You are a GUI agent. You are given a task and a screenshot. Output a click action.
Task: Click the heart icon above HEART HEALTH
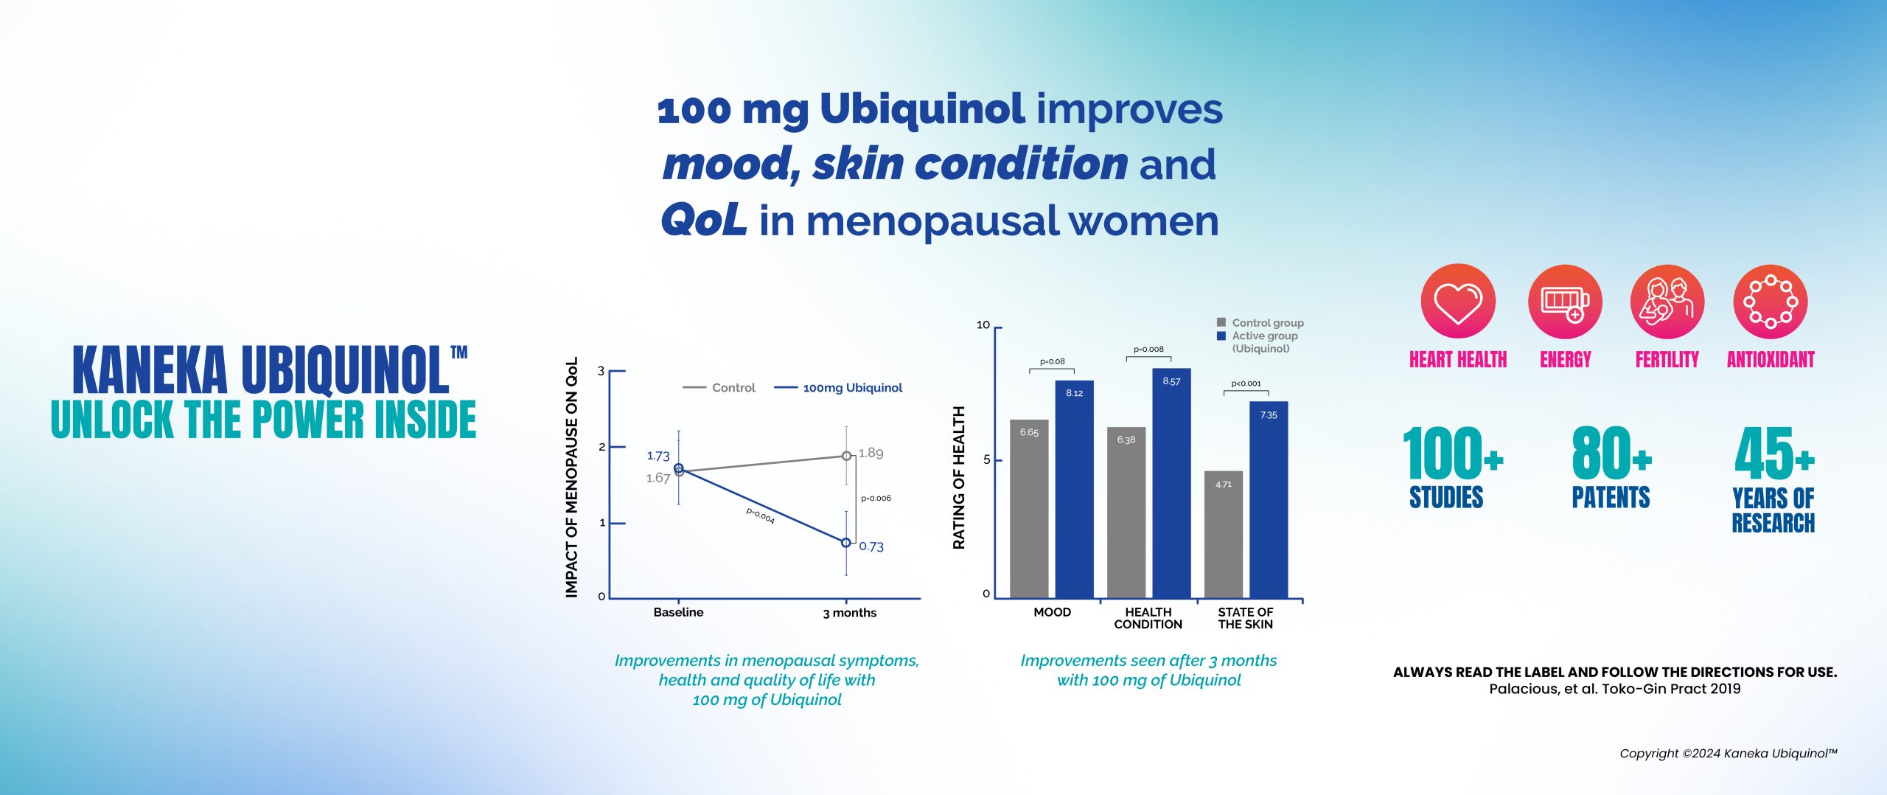pyautogui.click(x=1457, y=302)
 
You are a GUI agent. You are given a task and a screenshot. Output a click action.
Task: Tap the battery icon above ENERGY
pyautogui.click(x=1565, y=302)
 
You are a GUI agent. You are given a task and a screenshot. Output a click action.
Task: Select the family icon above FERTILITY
pyautogui.click(x=1667, y=302)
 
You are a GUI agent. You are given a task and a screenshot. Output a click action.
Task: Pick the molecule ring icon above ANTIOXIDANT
pyautogui.click(x=1770, y=302)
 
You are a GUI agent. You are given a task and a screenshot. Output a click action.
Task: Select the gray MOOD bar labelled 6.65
pyautogui.click(x=1029, y=509)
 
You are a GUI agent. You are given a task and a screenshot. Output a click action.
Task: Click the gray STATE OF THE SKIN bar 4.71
pyautogui.click(x=1224, y=535)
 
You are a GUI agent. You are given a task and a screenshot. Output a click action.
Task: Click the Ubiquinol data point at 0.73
pyautogui.click(x=846, y=543)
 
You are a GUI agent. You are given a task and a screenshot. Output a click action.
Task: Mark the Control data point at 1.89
pyautogui.click(x=847, y=456)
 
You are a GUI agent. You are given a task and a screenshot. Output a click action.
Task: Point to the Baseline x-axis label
pyautogui.click(x=678, y=613)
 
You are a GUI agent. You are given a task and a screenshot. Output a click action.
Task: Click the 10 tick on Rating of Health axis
pyautogui.click(x=983, y=325)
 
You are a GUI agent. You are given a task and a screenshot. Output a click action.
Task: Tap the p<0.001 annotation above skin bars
pyautogui.click(x=1246, y=383)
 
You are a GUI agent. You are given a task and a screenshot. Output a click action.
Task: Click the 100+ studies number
pyautogui.click(x=1452, y=454)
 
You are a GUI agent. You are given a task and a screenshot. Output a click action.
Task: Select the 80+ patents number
pyautogui.click(x=1611, y=454)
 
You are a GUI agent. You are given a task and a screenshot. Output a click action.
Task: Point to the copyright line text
pyautogui.click(x=1728, y=754)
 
